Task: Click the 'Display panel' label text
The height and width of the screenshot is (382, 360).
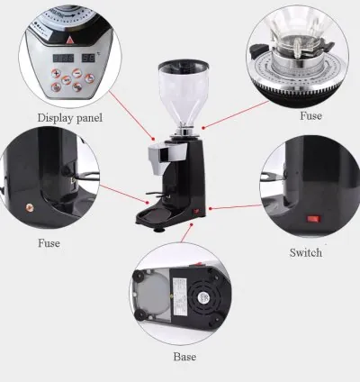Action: point(68,117)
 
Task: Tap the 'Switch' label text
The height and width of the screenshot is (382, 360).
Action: point(305,253)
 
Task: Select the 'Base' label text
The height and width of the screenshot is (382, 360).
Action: point(184,357)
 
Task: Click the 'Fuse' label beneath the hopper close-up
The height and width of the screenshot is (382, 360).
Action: point(310,116)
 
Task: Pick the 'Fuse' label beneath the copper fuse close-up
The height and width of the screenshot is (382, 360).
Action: point(49,243)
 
